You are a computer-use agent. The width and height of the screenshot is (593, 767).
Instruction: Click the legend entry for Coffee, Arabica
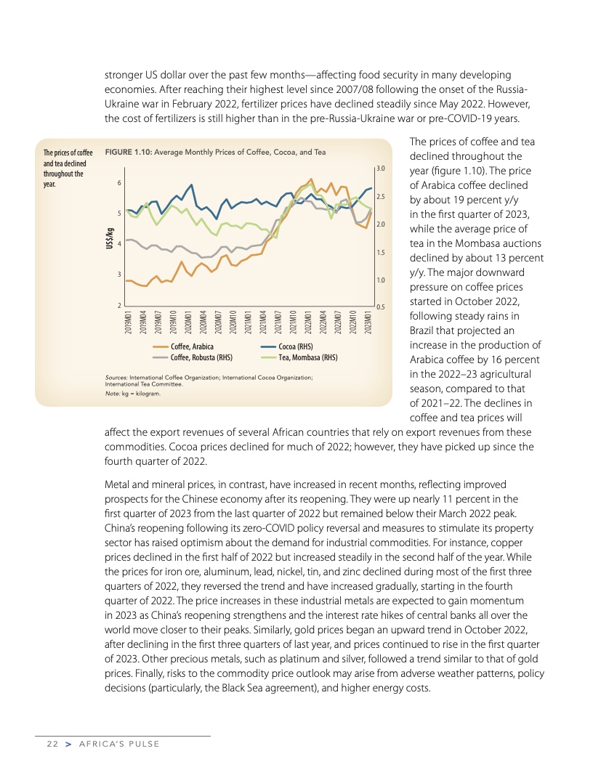[191, 346]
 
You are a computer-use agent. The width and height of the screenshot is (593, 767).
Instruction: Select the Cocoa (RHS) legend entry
[295, 346]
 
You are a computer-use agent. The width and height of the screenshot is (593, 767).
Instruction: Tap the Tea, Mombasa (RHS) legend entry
[308, 357]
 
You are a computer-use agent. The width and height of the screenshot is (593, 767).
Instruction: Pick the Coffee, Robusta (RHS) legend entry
[201, 357]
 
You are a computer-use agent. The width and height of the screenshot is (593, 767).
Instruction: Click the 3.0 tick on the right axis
[379, 169]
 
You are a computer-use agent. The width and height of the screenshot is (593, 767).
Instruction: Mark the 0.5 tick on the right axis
[379, 307]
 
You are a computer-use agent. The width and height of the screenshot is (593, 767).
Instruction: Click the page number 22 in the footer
[52, 744]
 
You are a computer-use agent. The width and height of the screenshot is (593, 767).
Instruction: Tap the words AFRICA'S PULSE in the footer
[118, 744]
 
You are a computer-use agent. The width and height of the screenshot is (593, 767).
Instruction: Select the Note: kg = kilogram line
[132, 393]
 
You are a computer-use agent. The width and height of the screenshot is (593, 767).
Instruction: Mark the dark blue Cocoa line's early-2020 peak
[191, 184]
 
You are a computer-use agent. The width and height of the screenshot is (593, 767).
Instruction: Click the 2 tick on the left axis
[119, 306]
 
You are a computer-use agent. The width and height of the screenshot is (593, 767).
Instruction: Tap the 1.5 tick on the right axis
[379, 252]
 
